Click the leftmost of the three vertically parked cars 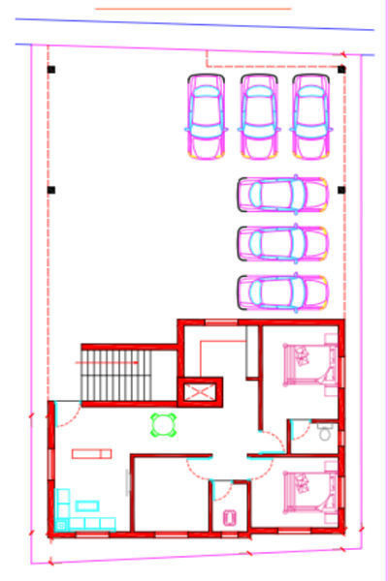[x=206, y=117]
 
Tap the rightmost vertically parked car [x=311, y=117]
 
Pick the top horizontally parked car [x=282, y=194]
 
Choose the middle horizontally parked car [x=282, y=242]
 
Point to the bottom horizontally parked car [x=282, y=290]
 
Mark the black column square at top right [x=341, y=69]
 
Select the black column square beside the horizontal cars [x=341, y=190]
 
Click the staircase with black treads [x=115, y=376]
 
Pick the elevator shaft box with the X [x=202, y=392]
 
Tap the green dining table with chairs [x=162, y=424]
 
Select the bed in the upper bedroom [x=306, y=366]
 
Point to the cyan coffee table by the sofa [x=90, y=505]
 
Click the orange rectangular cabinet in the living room [x=92, y=452]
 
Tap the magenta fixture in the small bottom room [x=230, y=517]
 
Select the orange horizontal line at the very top [x=194, y=8]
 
